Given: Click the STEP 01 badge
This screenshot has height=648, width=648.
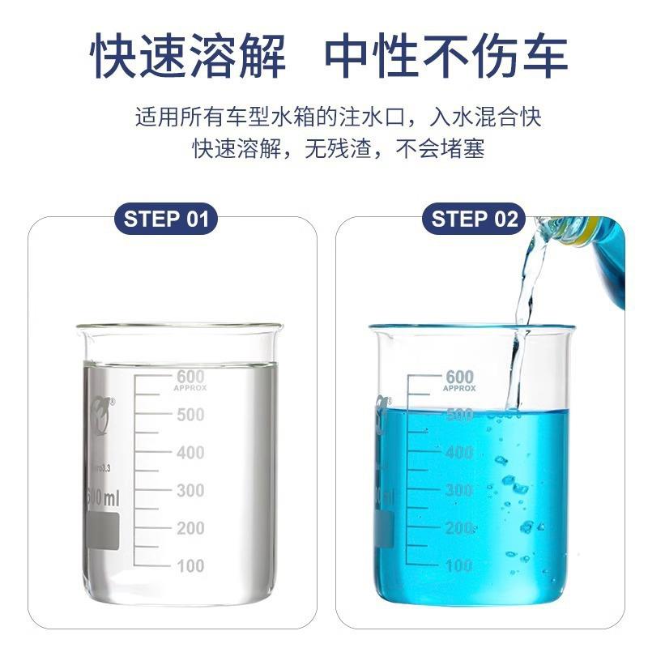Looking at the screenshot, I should point(166,219).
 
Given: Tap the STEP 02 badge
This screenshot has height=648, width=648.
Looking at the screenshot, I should point(474,219).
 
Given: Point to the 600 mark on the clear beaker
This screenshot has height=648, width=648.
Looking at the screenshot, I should point(190,377).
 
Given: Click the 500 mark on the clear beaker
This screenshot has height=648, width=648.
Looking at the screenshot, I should point(190,415).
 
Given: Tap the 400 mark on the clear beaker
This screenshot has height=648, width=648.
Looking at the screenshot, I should point(190,453).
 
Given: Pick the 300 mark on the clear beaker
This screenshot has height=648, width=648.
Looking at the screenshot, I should point(190,491).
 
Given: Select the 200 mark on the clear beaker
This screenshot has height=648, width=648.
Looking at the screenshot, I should point(190,528).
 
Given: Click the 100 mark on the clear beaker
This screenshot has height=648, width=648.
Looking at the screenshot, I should point(190,566).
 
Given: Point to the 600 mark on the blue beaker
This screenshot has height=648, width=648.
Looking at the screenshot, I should point(459,377).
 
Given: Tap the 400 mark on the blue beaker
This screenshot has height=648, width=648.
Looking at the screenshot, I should point(459,453).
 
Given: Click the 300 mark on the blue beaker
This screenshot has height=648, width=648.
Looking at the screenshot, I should point(459,491).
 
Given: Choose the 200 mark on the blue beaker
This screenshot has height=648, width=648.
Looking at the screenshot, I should point(459,528).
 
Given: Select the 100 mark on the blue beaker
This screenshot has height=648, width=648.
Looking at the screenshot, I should point(459,566).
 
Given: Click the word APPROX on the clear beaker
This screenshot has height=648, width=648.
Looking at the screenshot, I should point(190,389).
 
